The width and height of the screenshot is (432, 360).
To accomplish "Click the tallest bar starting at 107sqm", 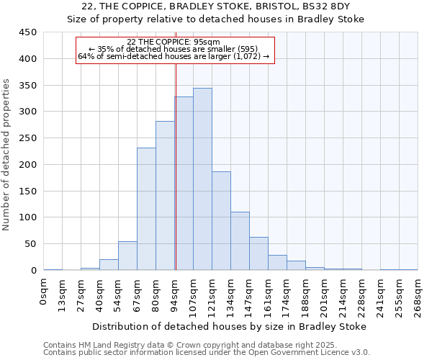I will pyautogui.click(x=202, y=179).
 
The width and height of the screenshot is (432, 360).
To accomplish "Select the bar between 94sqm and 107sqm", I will pyautogui.click(x=184, y=184).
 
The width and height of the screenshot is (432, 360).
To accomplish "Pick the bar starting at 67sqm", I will pyautogui.click(x=146, y=209).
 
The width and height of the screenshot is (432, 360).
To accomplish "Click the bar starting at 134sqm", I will pyautogui.click(x=240, y=241).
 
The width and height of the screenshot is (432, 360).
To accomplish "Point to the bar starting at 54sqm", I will pyautogui.click(x=127, y=256).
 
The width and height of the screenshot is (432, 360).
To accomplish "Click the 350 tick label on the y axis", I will pyautogui.click(x=27, y=85).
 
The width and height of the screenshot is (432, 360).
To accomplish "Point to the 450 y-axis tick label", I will pyautogui.click(x=27, y=32).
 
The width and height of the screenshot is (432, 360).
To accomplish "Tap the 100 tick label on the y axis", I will pyautogui.click(x=27, y=217).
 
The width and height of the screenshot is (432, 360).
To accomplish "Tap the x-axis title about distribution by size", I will pyautogui.click(x=230, y=326).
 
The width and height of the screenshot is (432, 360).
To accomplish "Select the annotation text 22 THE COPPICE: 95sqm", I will pyautogui.click(x=173, y=42).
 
